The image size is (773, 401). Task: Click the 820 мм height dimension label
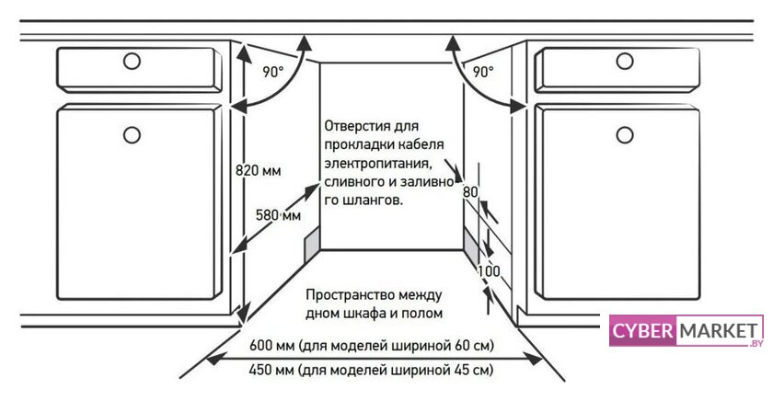[x=258, y=170]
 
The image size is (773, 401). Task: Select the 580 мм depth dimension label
[x=278, y=215]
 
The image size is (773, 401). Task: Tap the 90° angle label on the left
[x=273, y=72]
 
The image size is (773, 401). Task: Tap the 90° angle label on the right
[x=483, y=72]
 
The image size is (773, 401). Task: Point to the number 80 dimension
[x=470, y=191]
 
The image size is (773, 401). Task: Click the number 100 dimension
[x=489, y=271]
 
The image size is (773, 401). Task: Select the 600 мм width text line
[x=371, y=345]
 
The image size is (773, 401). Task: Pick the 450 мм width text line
[x=371, y=370]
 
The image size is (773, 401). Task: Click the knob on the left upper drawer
[x=132, y=62]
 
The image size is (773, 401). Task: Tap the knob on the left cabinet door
[x=132, y=134]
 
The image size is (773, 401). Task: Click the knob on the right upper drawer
[x=625, y=62]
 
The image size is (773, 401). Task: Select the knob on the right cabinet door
[x=625, y=134]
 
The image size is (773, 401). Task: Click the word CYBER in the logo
[x=642, y=330]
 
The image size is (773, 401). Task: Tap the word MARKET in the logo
[x=719, y=331]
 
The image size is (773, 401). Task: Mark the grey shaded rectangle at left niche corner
[x=312, y=246]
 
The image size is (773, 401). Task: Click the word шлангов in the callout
[x=372, y=201]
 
